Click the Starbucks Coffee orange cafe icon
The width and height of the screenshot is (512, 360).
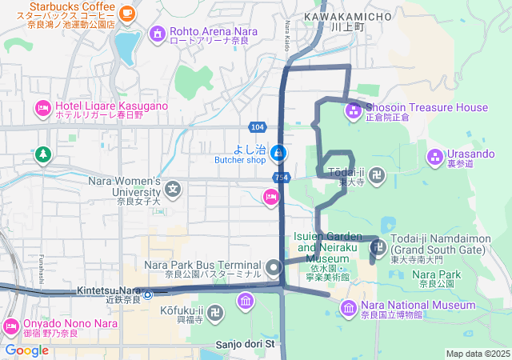pyautogui.click(x=127, y=12)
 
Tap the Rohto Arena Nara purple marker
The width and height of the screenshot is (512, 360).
pyautogui.click(x=157, y=34)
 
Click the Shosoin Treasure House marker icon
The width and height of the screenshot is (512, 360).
pyautogui.click(x=353, y=110)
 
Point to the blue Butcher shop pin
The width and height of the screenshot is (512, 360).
pyautogui.click(x=277, y=151)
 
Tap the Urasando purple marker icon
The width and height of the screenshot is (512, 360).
pyautogui.click(x=434, y=155)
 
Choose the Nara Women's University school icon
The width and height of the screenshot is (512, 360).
pyautogui.click(x=174, y=190)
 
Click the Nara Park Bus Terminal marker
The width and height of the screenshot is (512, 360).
pyautogui.click(x=274, y=267)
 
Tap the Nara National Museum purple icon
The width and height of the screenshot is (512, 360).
pyautogui.click(x=349, y=307)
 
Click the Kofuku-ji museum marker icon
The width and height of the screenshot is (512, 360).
pyautogui.click(x=245, y=301)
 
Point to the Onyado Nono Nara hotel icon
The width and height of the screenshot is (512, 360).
pyautogui.click(x=11, y=326)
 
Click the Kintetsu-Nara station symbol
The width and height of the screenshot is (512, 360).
pyautogui.click(x=148, y=294)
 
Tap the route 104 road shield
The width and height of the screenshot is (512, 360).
pyautogui.click(x=257, y=127)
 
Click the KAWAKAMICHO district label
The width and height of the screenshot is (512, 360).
pyautogui.click(x=349, y=16)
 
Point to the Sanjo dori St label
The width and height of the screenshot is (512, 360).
pyautogui.click(x=245, y=345)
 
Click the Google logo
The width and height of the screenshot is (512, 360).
pyautogui.click(x=26, y=350)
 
